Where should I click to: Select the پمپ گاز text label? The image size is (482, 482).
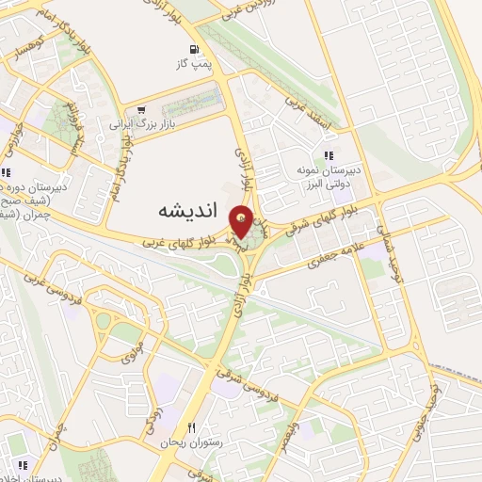coord(193,64)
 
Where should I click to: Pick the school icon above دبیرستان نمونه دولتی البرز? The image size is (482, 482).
coord(329,155)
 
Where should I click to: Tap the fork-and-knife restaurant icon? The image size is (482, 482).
coord(190,427)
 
